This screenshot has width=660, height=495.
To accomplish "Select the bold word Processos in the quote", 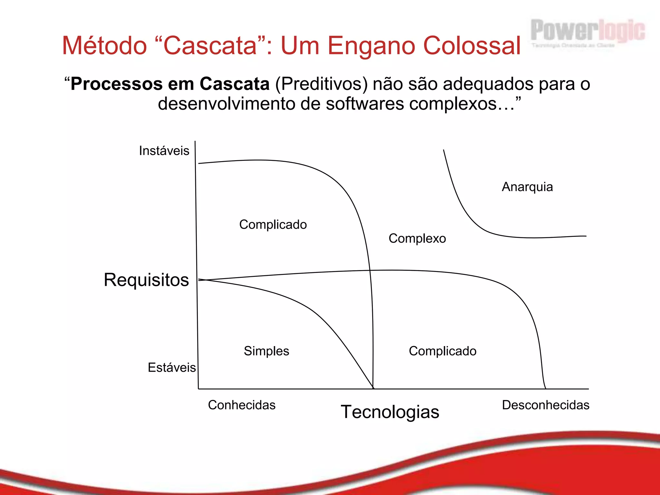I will pyautogui.click(x=116, y=84).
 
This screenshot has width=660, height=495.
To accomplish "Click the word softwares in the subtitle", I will pyautogui.click(x=364, y=104).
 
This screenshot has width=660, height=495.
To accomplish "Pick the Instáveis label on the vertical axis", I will pyautogui.click(x=164, y=151).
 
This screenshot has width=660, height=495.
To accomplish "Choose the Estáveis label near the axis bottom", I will pyautogui.click(x=171, y=367).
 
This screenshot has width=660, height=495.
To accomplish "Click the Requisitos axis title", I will pyautogui.click(x=146, y=280).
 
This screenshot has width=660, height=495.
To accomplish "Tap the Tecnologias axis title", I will pyautogui.click(x=390, y=412).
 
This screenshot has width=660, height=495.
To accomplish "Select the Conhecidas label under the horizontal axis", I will pyautogui.click(x=242, y=405).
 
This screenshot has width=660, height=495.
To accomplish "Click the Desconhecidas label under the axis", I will pyautogui.click(x=546, y=405).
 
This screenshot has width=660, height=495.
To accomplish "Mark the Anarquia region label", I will pyautogui.click(x=527, y=187).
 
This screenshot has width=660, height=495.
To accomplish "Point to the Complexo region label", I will pyautogui.click(x=417, y=238).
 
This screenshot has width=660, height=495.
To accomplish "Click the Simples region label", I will pyautogui.click(x=267, y=351).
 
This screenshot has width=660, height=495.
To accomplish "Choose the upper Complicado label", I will pyautogui.click(x=273, y=225).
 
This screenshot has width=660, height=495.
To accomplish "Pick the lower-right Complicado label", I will pyautogui.click(x=442, y=351).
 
